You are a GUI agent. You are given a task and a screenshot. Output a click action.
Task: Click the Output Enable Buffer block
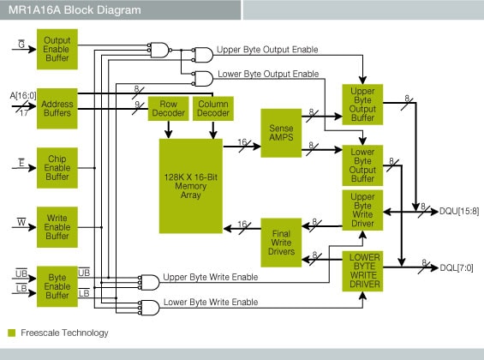pyautogui.click(x=57, y=49)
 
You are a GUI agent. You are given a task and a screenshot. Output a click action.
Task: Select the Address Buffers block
pyautogui.click(x=57, y=102)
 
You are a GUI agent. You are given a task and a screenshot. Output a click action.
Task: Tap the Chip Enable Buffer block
pyautogui.click(x=57, y=165)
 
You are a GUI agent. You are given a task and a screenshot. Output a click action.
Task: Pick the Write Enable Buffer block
pyautogui.click(x=57, y=226)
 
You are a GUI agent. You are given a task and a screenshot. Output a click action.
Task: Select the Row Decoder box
pyautogui.click(x=168, y=108)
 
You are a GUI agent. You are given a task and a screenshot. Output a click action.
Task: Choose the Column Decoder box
pyautogui.click(x=213, y=108)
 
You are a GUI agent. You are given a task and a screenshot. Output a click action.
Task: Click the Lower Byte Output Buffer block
pyautogui.click(x=363, y=165)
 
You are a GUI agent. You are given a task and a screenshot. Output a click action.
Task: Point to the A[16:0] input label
pyautogui.click(x=22, y=93)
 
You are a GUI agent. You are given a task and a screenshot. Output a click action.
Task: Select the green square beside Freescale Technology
pyautogui.click(x=12, y=333)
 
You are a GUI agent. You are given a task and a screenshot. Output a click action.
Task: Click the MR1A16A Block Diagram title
pyautogui.click(x=63, y=10)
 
